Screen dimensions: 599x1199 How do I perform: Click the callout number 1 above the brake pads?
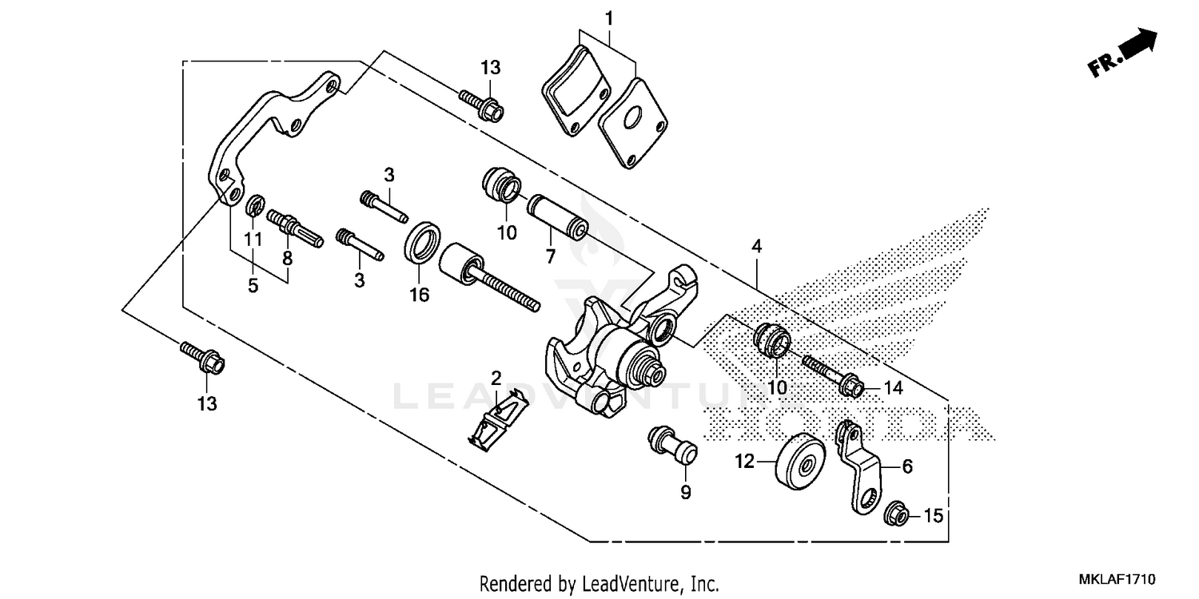608,17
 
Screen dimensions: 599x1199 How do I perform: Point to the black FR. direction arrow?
1137,44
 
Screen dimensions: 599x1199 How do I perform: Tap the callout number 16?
419,295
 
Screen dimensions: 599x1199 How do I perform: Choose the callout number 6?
907,467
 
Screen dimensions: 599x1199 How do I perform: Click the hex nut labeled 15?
894,515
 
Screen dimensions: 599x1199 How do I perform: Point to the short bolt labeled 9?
675,444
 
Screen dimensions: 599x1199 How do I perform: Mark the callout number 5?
253,286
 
